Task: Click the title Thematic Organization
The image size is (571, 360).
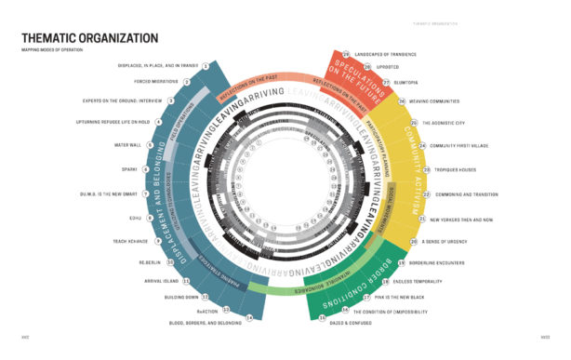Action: (x=89, y=38)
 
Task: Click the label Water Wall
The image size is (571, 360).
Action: (x=126, y=145)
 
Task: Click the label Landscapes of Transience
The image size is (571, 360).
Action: (x=387, y=56)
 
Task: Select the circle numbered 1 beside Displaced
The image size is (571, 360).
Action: (x=205, y=67)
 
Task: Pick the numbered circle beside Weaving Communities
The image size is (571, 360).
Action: (x=402, y=101)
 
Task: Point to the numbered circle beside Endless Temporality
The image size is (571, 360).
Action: (x=384, y=281)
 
